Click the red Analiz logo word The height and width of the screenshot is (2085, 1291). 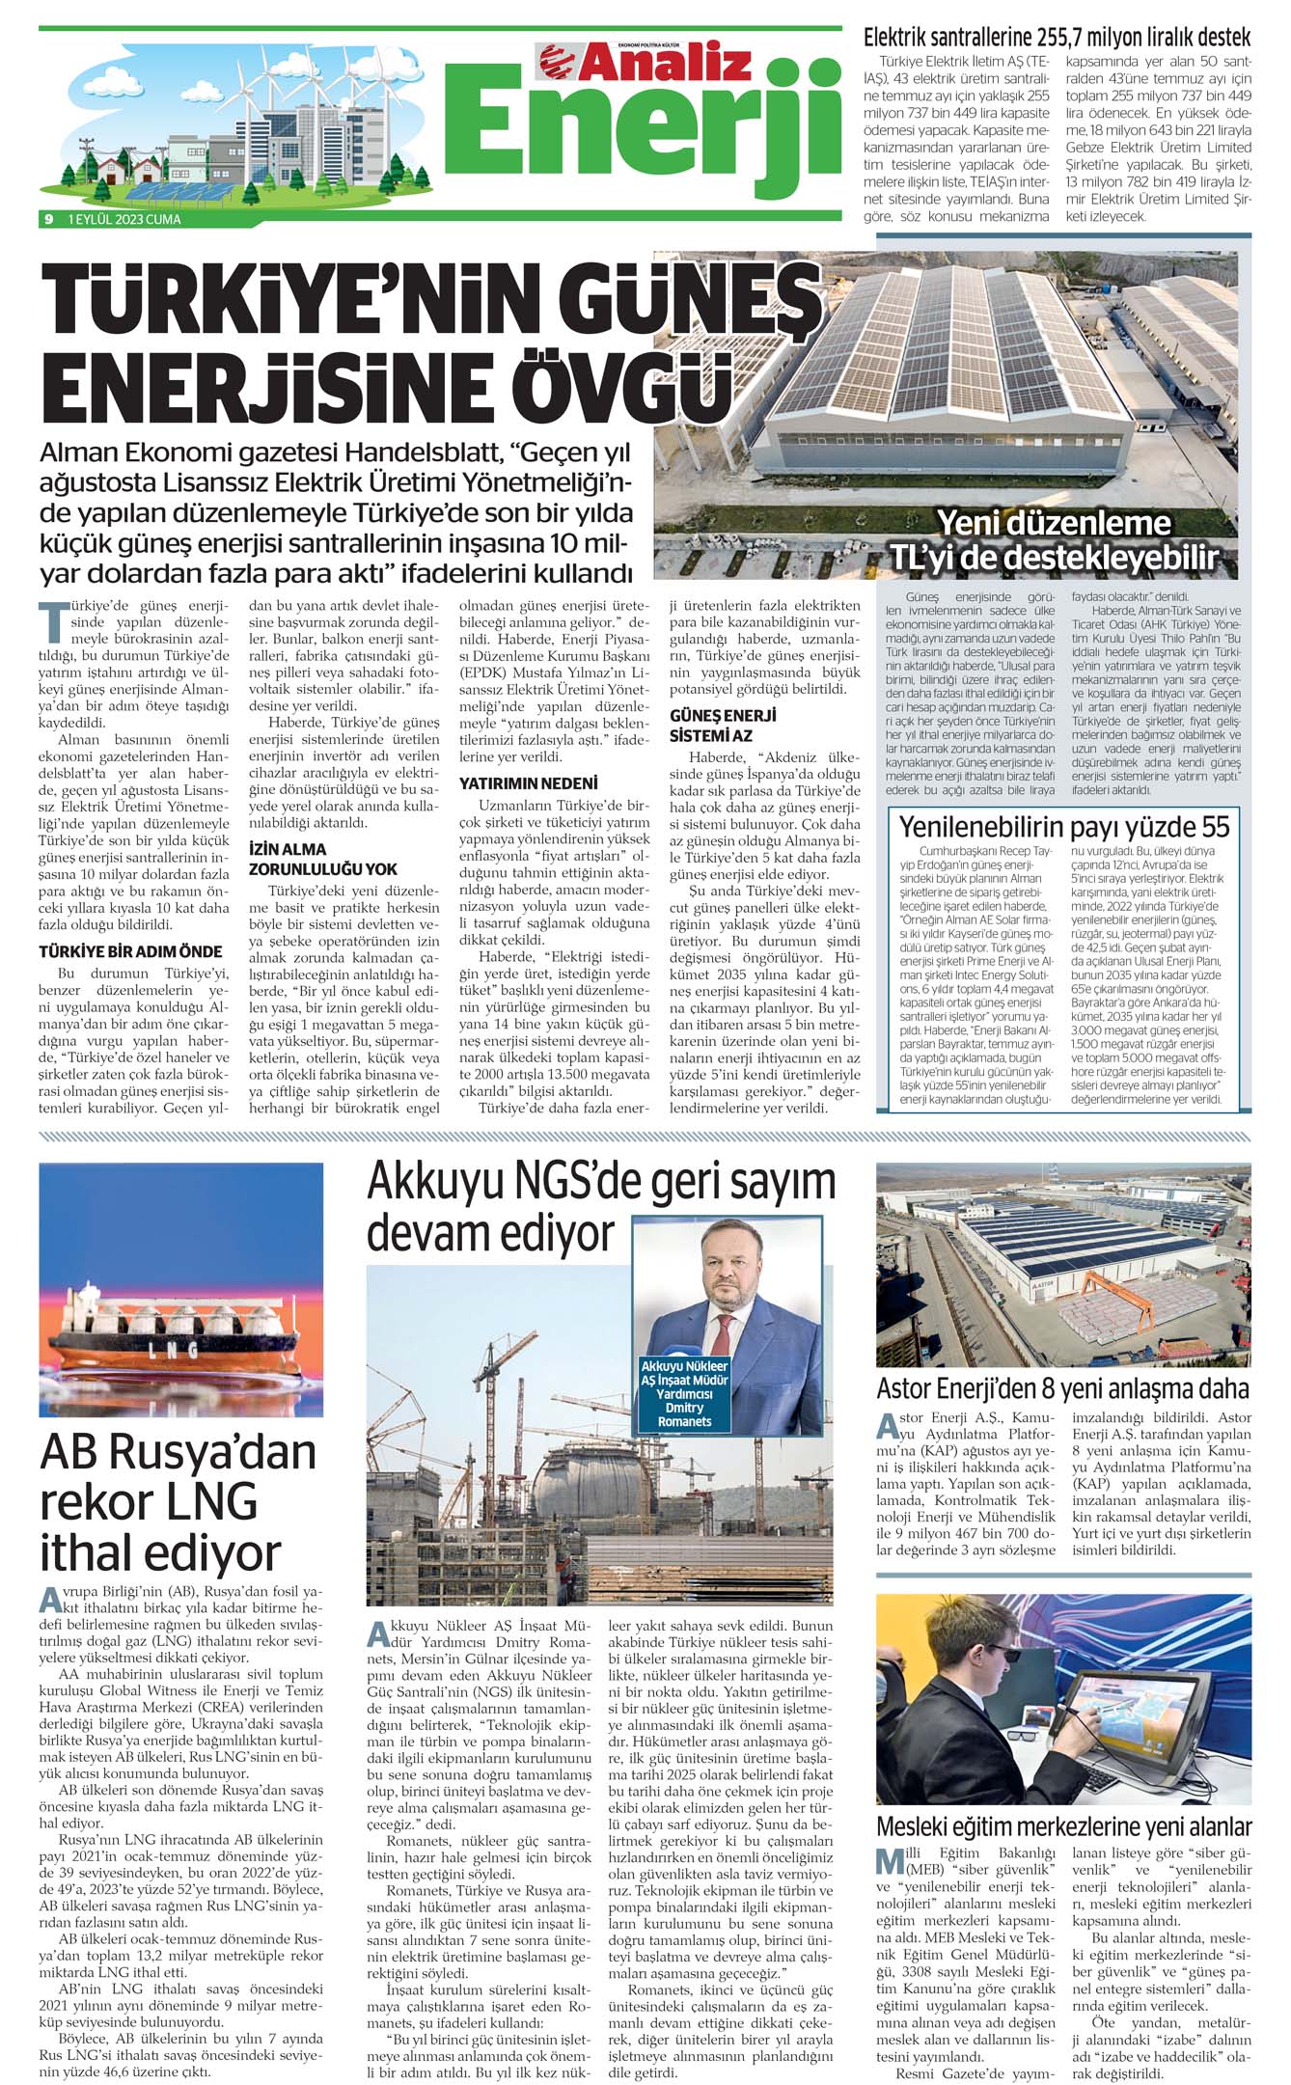[666, 63]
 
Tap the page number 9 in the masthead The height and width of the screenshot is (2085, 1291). [47, 219]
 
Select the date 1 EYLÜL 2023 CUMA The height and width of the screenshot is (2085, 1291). [124, 219]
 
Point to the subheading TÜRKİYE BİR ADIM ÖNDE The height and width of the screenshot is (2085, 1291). [130, 951]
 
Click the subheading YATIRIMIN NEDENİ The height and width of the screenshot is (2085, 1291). [528, 782]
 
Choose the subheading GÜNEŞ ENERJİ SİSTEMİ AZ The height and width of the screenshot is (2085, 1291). [723, 725]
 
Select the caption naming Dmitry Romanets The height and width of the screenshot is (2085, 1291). [684, 1394]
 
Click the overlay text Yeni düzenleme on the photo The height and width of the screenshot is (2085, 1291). [1054, 523]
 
